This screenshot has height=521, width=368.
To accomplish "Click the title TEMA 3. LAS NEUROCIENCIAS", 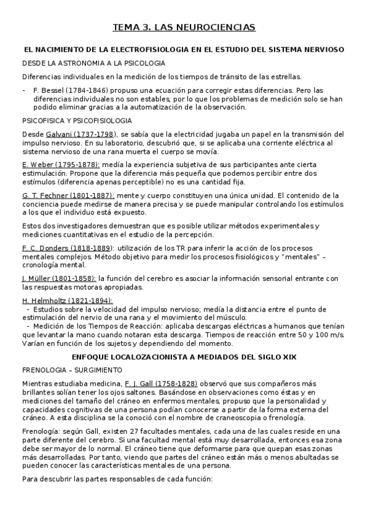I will [184, 28].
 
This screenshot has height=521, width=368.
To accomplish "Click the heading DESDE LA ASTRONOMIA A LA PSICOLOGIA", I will [93, 63].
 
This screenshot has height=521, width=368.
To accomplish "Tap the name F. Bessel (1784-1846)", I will [66, 90].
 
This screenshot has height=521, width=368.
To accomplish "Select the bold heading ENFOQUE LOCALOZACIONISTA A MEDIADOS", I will [184, 356].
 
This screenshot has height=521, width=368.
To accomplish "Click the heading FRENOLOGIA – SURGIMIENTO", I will [72, 370].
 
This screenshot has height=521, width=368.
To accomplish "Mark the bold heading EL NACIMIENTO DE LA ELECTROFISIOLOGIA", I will [184, 50].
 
